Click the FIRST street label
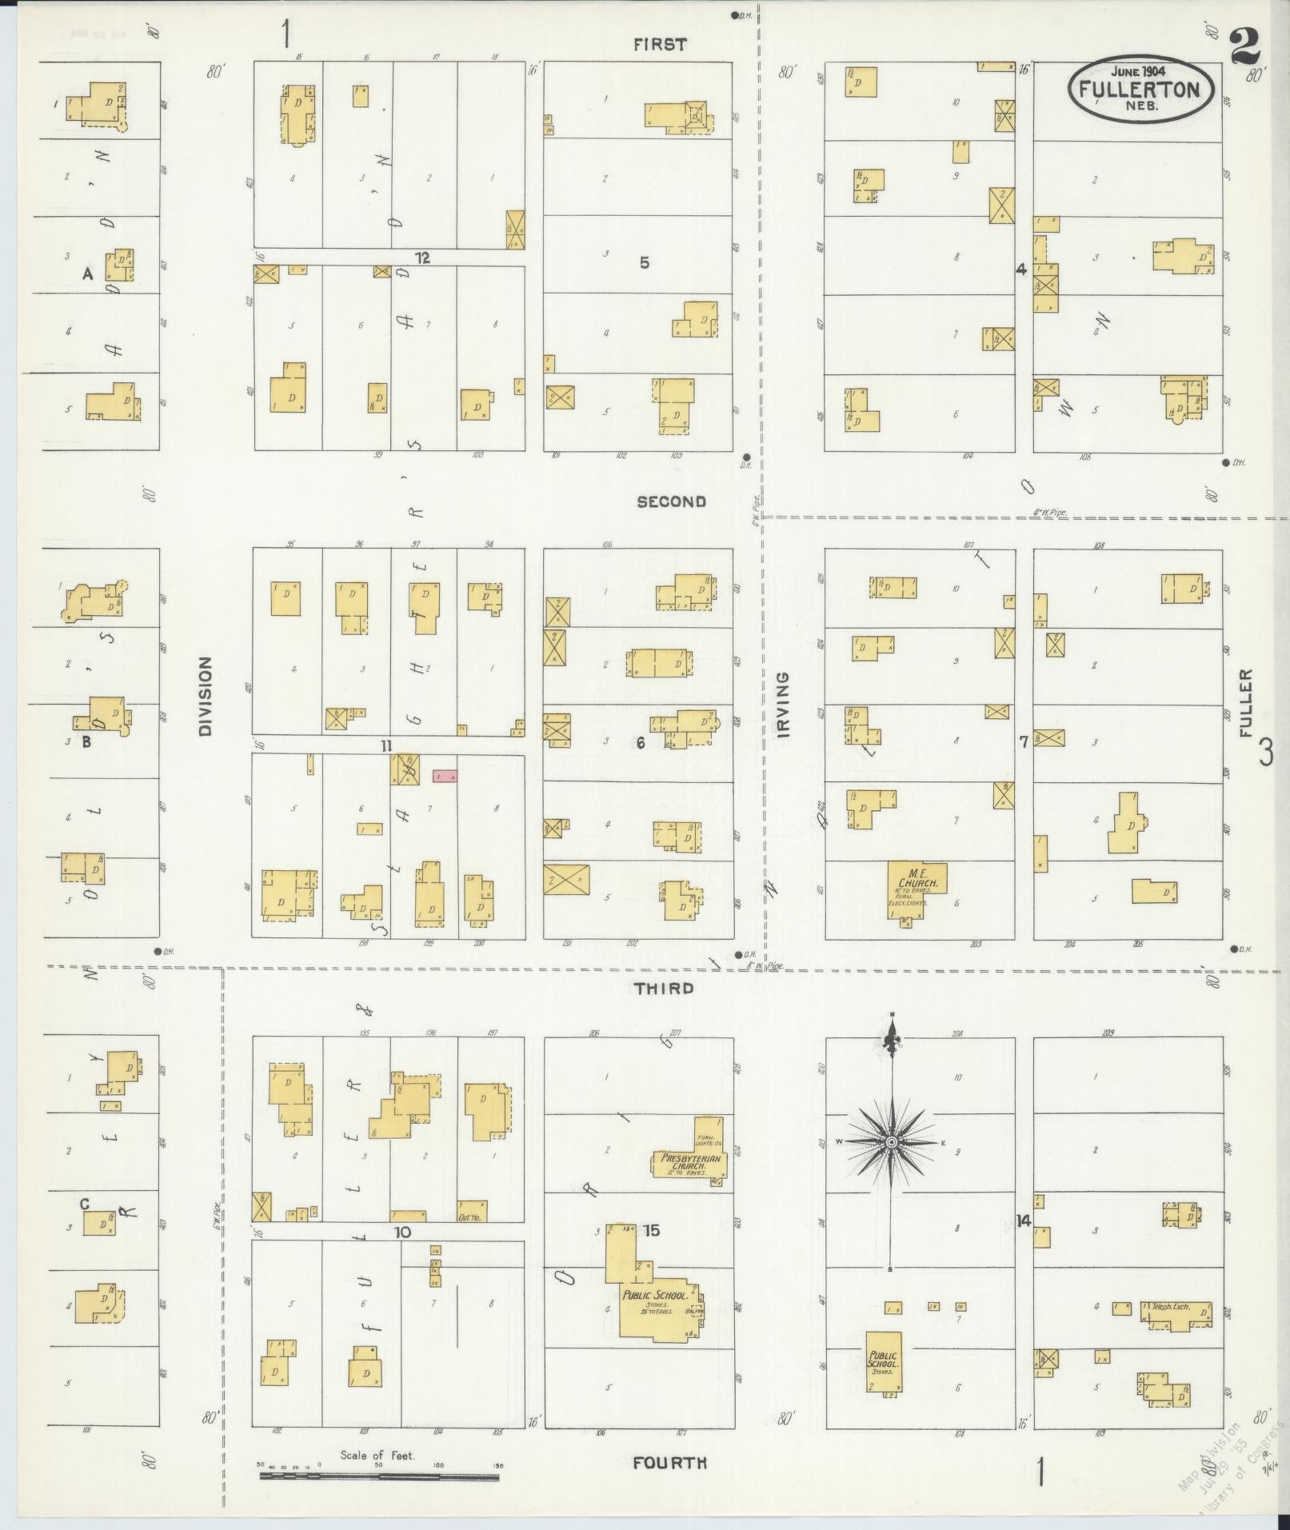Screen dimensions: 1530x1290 [x=660, y=45]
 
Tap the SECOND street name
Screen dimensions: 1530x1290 [x=672, y=501]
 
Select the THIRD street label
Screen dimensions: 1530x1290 [x=665, y=989]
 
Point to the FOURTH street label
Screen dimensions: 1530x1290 [x=670, y=1463]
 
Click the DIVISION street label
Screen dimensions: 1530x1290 [x=206, y=696]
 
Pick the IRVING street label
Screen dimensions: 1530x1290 [x=782, y=705]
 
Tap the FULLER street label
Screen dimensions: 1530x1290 [x=1245, y=704]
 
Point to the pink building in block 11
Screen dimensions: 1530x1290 [x=445, y=776]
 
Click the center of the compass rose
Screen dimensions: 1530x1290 [x=891, y=1142]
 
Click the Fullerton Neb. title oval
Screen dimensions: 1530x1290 [x=1140, y=89]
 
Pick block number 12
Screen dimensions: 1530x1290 [x=422, y=258]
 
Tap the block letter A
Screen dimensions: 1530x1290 [x=88, y=274]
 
